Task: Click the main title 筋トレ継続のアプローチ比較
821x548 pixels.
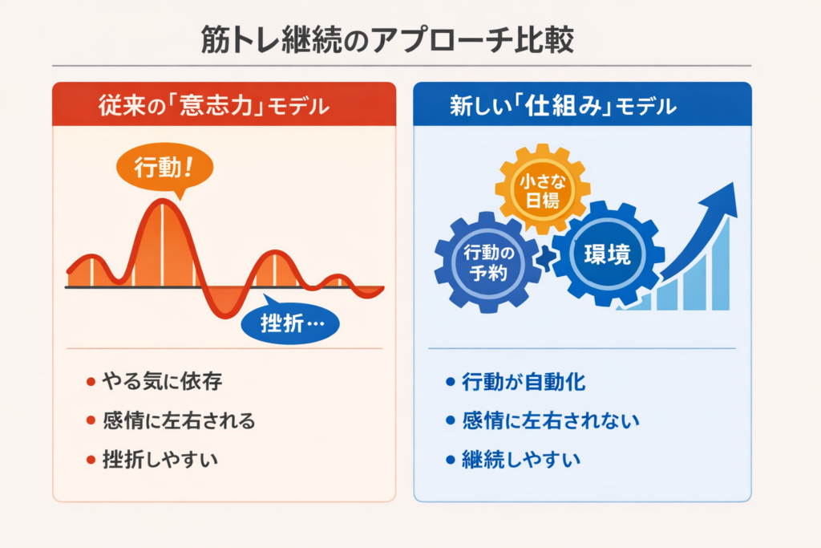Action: pos(387,40)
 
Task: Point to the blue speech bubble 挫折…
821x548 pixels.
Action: pos(290,322)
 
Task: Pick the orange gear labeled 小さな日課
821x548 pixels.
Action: pos(543,189)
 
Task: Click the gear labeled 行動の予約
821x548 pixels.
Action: pos(488,262)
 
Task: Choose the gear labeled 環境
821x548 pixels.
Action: pos(608,254)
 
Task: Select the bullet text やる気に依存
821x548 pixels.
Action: pos(162,381)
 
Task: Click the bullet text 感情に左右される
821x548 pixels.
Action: pos(179,420)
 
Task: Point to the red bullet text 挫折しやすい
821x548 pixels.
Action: pos(160,460)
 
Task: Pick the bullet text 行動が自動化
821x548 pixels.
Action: pos(524,381)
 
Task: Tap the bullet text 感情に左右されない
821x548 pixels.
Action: pos(551,420)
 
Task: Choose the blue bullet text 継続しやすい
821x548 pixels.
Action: pos(521,460)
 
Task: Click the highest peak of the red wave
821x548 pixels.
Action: pos(163,201)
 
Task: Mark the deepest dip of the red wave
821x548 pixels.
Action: pos(225,316)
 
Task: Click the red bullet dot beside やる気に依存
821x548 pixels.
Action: pos(91,382)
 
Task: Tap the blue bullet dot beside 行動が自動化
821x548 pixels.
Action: pos(451,382)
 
